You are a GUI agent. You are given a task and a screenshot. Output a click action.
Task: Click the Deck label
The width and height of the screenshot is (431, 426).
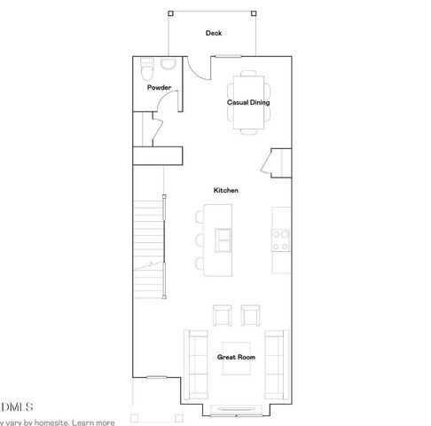tap(213, 34)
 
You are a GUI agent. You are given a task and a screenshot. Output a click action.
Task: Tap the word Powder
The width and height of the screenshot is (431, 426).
tap(159, 88)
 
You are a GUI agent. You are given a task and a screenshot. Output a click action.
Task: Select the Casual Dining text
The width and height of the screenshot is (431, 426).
tap(248, 103)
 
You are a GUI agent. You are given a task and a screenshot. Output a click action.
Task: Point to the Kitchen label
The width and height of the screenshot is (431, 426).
tap(225, 190)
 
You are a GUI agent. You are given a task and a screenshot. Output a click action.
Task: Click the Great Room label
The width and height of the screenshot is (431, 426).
tap(236, 357)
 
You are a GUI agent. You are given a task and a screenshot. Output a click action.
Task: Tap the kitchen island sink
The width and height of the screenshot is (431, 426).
tap(222, 239)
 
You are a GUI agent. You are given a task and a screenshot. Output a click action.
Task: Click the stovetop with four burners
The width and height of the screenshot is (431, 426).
tap(281, 239)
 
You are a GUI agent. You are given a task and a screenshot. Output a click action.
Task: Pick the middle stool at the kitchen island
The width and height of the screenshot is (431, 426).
tap(199, 240)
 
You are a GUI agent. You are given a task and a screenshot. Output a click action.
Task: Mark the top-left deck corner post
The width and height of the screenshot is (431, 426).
tap(170, 15)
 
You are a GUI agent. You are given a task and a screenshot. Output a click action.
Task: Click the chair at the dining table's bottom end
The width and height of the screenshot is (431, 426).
tap(248, 130)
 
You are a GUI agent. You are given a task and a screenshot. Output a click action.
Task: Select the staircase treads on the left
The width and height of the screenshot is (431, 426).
tap(148, 248)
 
